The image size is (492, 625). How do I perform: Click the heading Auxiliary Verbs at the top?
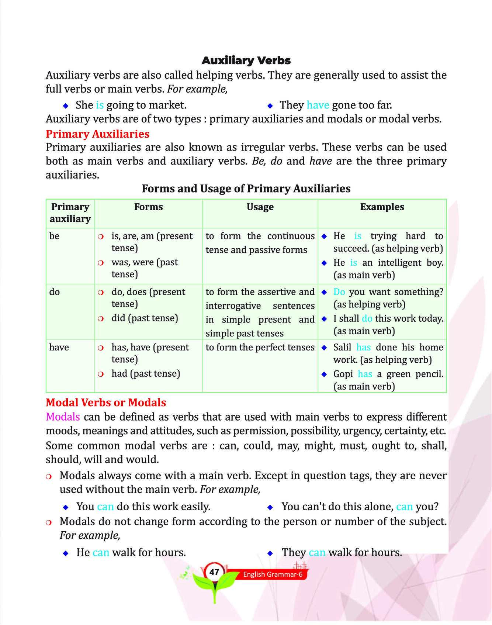pyautogui.click(x=246, y=61)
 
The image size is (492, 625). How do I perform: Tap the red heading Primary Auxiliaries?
pyautogui.click(x=97, y=134)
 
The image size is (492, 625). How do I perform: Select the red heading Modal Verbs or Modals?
pyautogui.click(x=106, y=402)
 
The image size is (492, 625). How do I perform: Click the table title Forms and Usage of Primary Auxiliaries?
pyautogui.click(x=246, y=189)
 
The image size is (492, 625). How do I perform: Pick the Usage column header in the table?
pyautogui.click(x=260, y=207)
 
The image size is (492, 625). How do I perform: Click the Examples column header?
pyautogui.click(x=382, y=207)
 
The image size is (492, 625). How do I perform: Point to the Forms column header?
pyautogui.click(x=148, y=207)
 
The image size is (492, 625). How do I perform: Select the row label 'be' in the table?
pyautogui.click(x=54, y=236)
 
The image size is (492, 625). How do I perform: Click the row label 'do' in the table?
pyautogui.click(x=55, y=292)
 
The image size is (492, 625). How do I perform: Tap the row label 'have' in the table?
pyautogui.click(x=59, y=347)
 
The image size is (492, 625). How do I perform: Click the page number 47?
pyautogui.click(x=214, y=572)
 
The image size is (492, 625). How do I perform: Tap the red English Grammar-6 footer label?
pyautogui.click(x=273, y=574)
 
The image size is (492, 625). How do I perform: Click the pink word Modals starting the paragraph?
pyautogui.click(x=63, y=417)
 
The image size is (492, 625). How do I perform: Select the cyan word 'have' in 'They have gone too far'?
pyautogui.click(x=318, y=105)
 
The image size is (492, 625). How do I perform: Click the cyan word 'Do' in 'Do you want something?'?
pyautogui.click(x=339, y=292)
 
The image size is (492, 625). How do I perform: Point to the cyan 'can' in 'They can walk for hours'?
pyautogui.click(x=317, y=552)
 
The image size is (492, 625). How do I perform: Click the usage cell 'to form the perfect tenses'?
pyautogui.click(x=260, y=347)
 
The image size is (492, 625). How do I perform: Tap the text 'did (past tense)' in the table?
pyautogui.click(x=145, y=318)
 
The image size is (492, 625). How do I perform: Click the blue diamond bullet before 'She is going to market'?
pyautogui.click(x=66, y=106)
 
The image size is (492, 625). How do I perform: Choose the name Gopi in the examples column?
pyautogui.click(x=343, y=374)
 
